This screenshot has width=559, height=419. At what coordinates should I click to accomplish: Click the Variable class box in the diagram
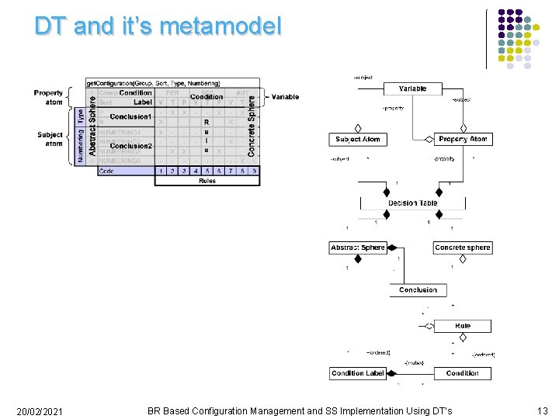tap(412, 89)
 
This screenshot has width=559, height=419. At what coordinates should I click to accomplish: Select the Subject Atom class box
tap(357, 140)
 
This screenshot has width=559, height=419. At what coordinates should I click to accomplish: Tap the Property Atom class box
tap(462, 140)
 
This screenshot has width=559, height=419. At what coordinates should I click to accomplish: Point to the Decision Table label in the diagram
tap(412, 203)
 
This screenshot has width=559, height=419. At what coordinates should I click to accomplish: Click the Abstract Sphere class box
tap(357, 248)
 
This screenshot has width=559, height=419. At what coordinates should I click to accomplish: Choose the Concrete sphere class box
tap(462, 248)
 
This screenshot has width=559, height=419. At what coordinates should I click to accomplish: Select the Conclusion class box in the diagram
tap(418, 290)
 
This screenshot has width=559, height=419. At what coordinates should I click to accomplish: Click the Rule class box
tap(462, 326)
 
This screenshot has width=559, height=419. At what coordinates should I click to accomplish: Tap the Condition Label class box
tap(357, 373)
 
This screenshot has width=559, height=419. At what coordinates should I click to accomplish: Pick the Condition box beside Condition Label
tap(462, 373)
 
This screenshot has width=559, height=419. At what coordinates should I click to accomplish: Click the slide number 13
tap(542, 410)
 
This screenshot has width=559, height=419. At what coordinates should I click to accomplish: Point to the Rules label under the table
tap(207, 181)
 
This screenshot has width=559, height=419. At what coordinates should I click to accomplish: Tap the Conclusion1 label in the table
tap(130, 117)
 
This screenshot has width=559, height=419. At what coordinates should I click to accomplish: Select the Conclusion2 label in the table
tap(130, 146)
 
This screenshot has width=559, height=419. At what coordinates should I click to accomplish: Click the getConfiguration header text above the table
tap(153, 83)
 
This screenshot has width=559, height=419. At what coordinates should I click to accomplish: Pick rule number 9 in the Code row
tap(254, 171)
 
